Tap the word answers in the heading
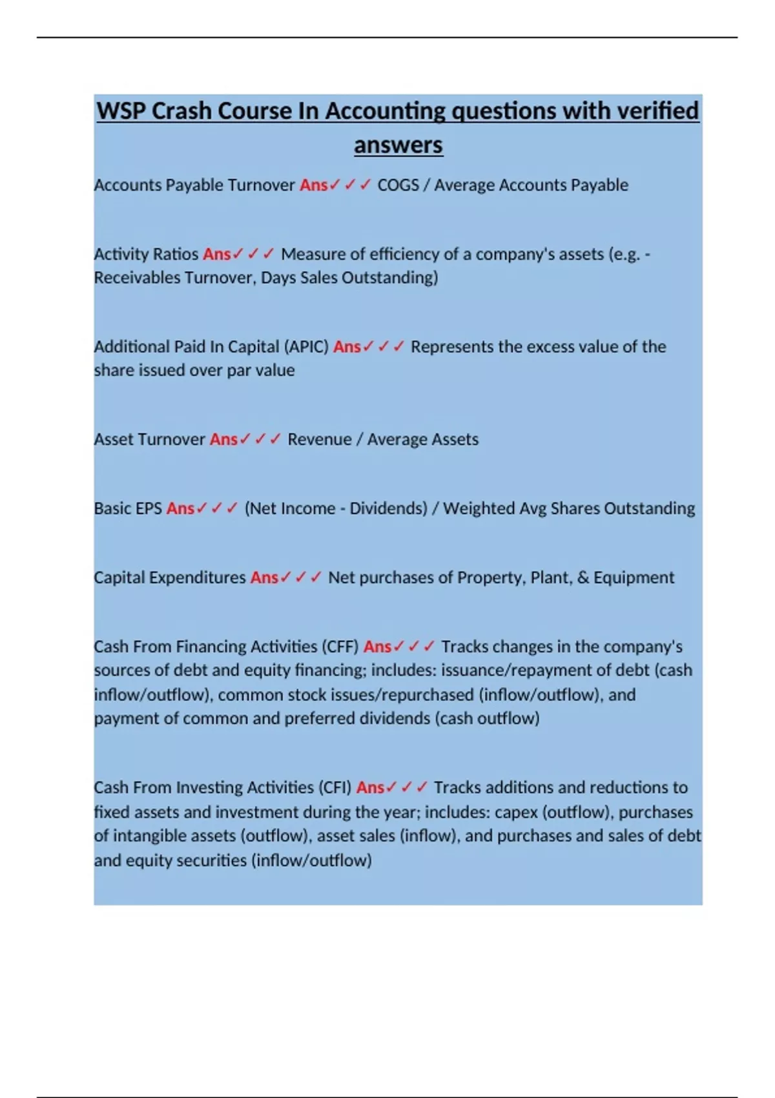pos(398,145)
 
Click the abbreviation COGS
pos(398,185)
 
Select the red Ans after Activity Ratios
pos(216,254)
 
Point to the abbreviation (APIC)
pos(306,347)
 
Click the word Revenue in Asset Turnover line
pos(319,440)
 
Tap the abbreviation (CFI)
pos(335,788)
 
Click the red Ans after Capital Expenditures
pos(264,578)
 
